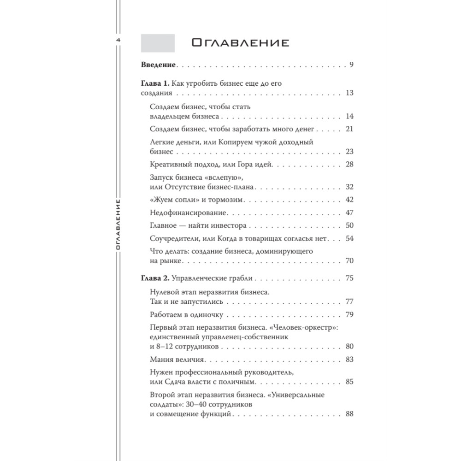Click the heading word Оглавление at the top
coord(240,43)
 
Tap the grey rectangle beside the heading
coord(157,43)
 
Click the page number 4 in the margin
coord(118,41)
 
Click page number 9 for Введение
coord(351,64)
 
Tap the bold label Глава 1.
coord(154,83)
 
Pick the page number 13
coord(349,93)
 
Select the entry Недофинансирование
coord(188,213)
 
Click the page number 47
coord(349,213)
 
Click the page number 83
coord(349,359)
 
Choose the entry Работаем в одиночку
coord(187,315)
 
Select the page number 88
coord(349,414)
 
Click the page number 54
coord(349,238)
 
